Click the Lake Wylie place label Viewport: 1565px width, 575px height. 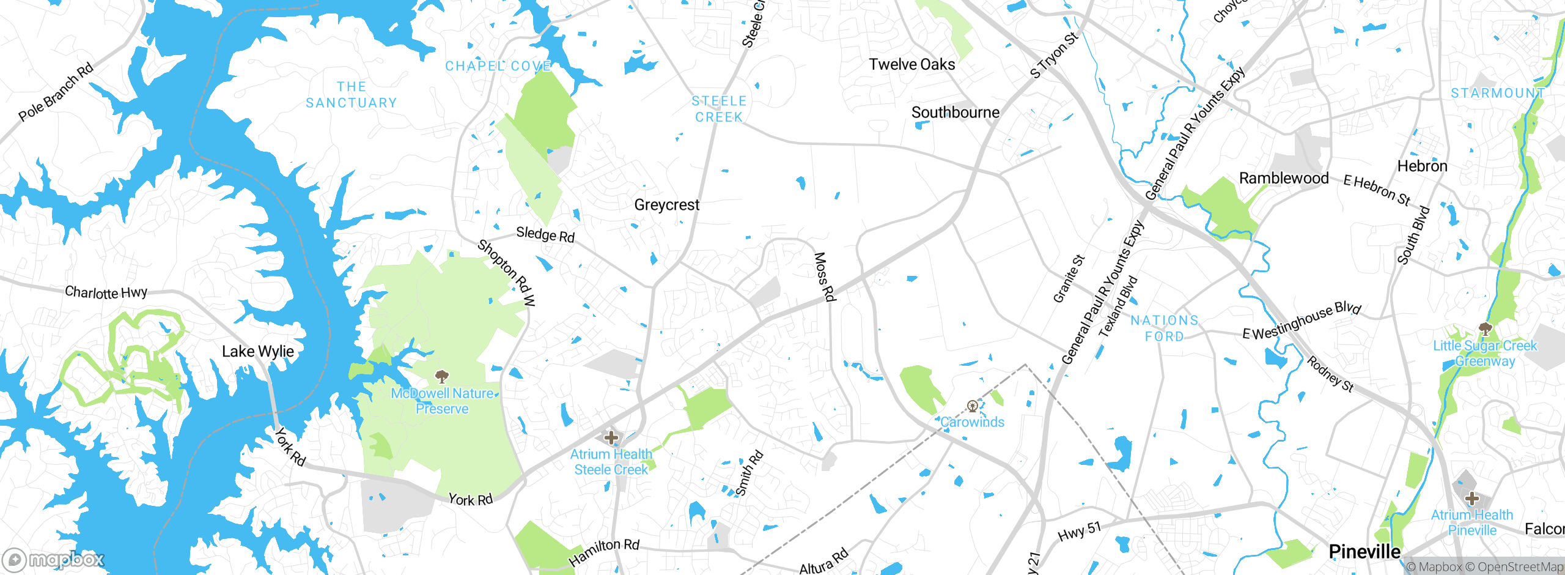(257, 351)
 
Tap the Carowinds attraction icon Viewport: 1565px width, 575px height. (972, 406)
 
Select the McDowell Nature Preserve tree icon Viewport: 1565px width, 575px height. (441, 376)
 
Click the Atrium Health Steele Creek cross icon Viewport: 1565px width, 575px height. (611, 437)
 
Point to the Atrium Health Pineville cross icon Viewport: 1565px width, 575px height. (1471, 498)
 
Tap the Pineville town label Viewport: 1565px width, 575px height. (1364, 551)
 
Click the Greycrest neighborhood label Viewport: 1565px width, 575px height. (666, 205)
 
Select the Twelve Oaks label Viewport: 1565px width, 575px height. (911, 64)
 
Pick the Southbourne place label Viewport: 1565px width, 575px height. (955, 113)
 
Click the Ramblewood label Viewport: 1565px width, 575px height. (1284, 178)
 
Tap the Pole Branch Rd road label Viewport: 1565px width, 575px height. (56, 92)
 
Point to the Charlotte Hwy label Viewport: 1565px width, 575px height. (106, 292)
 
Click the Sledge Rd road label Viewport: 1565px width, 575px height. (545, 234)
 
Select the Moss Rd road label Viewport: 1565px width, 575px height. (824, 276)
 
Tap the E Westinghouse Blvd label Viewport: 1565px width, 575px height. (1302, 321)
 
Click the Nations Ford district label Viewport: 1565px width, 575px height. (1164, 328)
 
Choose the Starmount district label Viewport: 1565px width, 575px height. (1498, 93)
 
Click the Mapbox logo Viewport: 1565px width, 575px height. (54, 559)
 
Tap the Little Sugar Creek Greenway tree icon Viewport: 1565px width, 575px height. (1485, 329)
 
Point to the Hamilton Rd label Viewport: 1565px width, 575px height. (603, 552)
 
